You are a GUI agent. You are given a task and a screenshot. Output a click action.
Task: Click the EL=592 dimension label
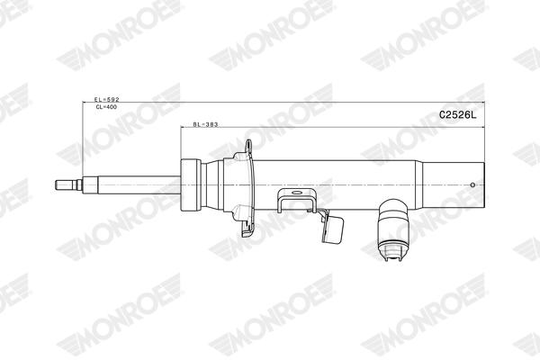point(106,99)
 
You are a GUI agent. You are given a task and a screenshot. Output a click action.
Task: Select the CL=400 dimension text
point(106,107)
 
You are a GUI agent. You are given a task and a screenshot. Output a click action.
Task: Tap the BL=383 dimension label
point(206,125)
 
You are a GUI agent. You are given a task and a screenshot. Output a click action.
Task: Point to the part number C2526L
point(455,114)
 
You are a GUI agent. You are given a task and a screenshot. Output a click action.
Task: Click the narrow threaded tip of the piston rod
point(66,186)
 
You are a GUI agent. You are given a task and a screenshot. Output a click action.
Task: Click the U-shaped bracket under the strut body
point(297,201)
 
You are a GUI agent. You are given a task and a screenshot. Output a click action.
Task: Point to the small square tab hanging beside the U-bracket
point(333,229)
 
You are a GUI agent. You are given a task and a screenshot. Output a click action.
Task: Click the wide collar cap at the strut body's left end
point(189,184)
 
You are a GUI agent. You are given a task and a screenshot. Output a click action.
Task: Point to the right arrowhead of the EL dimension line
point(490,102)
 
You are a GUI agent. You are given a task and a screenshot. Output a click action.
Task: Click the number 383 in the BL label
point(211,125)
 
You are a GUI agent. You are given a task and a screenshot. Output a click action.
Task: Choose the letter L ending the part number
point(471,114)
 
